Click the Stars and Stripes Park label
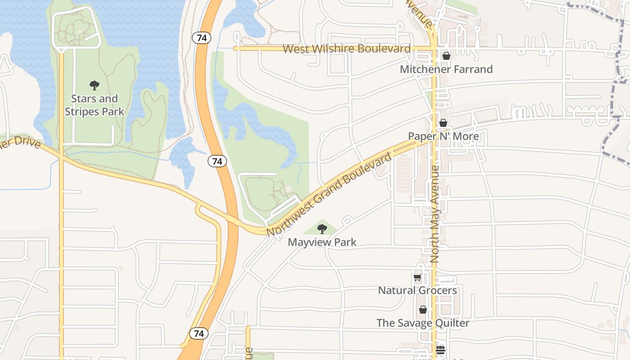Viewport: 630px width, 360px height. [x=94, y=105]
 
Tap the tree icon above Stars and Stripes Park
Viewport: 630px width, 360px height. [x=94, y=85]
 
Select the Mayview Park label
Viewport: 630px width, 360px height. [x=322, y=242]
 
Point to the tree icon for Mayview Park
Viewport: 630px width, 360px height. [x=322, y=229]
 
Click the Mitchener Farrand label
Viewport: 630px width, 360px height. [x=446, y=69]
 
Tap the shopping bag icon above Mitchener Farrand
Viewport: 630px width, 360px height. [x=446, y=56]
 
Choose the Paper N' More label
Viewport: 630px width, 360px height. [x=443, y=136]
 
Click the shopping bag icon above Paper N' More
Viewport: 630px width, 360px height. [x=443, y=123]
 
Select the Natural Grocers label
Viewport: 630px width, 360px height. [x=418, y=290]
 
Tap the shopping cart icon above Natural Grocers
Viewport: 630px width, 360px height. [x=417, y=277]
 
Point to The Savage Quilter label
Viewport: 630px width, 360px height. [x=423, y=323]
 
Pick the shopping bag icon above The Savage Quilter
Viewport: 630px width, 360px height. [x=423, y=310]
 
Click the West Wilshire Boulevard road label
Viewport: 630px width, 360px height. [x=346, y=49]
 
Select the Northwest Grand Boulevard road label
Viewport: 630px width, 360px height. [x=329, y=195]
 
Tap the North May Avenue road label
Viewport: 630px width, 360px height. [x=435, y=214]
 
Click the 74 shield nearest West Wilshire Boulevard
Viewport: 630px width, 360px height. [x=202, y=38]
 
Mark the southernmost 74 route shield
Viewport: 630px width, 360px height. [x=199, y=333]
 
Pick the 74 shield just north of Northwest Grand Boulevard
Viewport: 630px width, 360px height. [x=217, y=161]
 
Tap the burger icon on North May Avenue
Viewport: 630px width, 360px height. [x=440, y=350]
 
